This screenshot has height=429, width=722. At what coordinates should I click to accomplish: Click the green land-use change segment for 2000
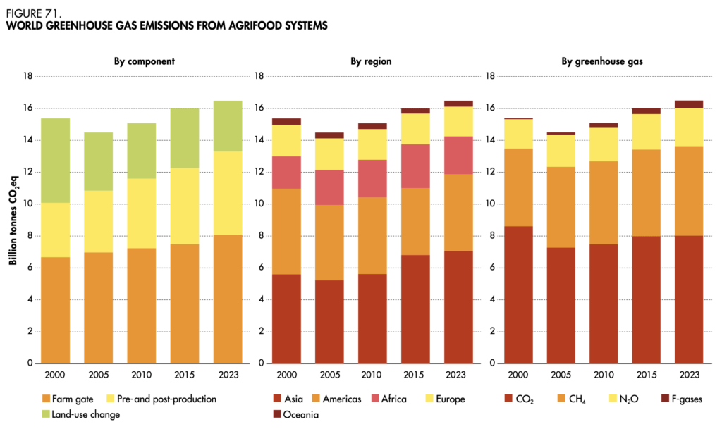[x=55, y=161]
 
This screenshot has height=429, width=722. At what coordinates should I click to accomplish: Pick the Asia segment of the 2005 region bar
[x=329, y=321]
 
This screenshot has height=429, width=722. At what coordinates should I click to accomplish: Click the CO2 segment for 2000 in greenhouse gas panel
[x=518, y=294]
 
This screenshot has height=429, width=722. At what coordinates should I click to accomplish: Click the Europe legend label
[x=450, y=399]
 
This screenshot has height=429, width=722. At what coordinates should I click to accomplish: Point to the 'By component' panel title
[x=144, y=61]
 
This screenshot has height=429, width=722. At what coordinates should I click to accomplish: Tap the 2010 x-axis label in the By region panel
[x=372, y=375]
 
